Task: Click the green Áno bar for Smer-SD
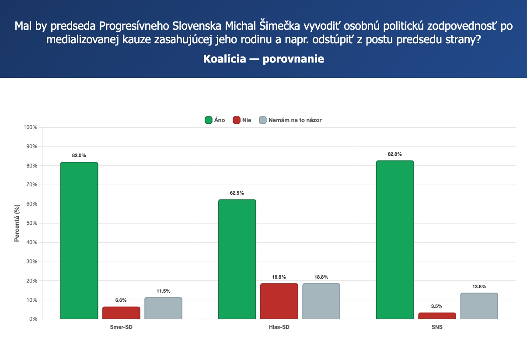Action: pyautogui.click(x=79, y=241)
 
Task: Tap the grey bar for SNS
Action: pyautogui.click(x=479, y=306)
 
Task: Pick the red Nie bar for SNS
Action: pyautogui.click(x=437, y=315)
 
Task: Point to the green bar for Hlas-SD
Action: pyautogui.click(x=237, y=259)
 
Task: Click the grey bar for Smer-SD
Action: pyautogui.click(x=163, y=308)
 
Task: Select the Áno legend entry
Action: pyautogui.click(x=215, y=120)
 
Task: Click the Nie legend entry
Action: pyautogui.click(x=242, y=120)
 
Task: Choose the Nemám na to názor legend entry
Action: pyautogui.click(x=290, y=120)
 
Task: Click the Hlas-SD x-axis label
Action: pyautogui.click(x=279, y=327)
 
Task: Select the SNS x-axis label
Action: pyautogui.click(x=437, y=327)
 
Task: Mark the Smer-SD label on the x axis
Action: pyautogui.click(x=121, y=327)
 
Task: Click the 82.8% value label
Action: pyautogui.click(x=394, y=154)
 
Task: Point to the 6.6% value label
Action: pyautogui.click(x=121, y=300)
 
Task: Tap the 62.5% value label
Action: pyautogui.click(x=237, y=193)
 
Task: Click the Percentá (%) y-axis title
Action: pyautogui.click(x=17, y=223)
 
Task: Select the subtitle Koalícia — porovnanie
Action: pyautogui.click(x=263, y=59)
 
